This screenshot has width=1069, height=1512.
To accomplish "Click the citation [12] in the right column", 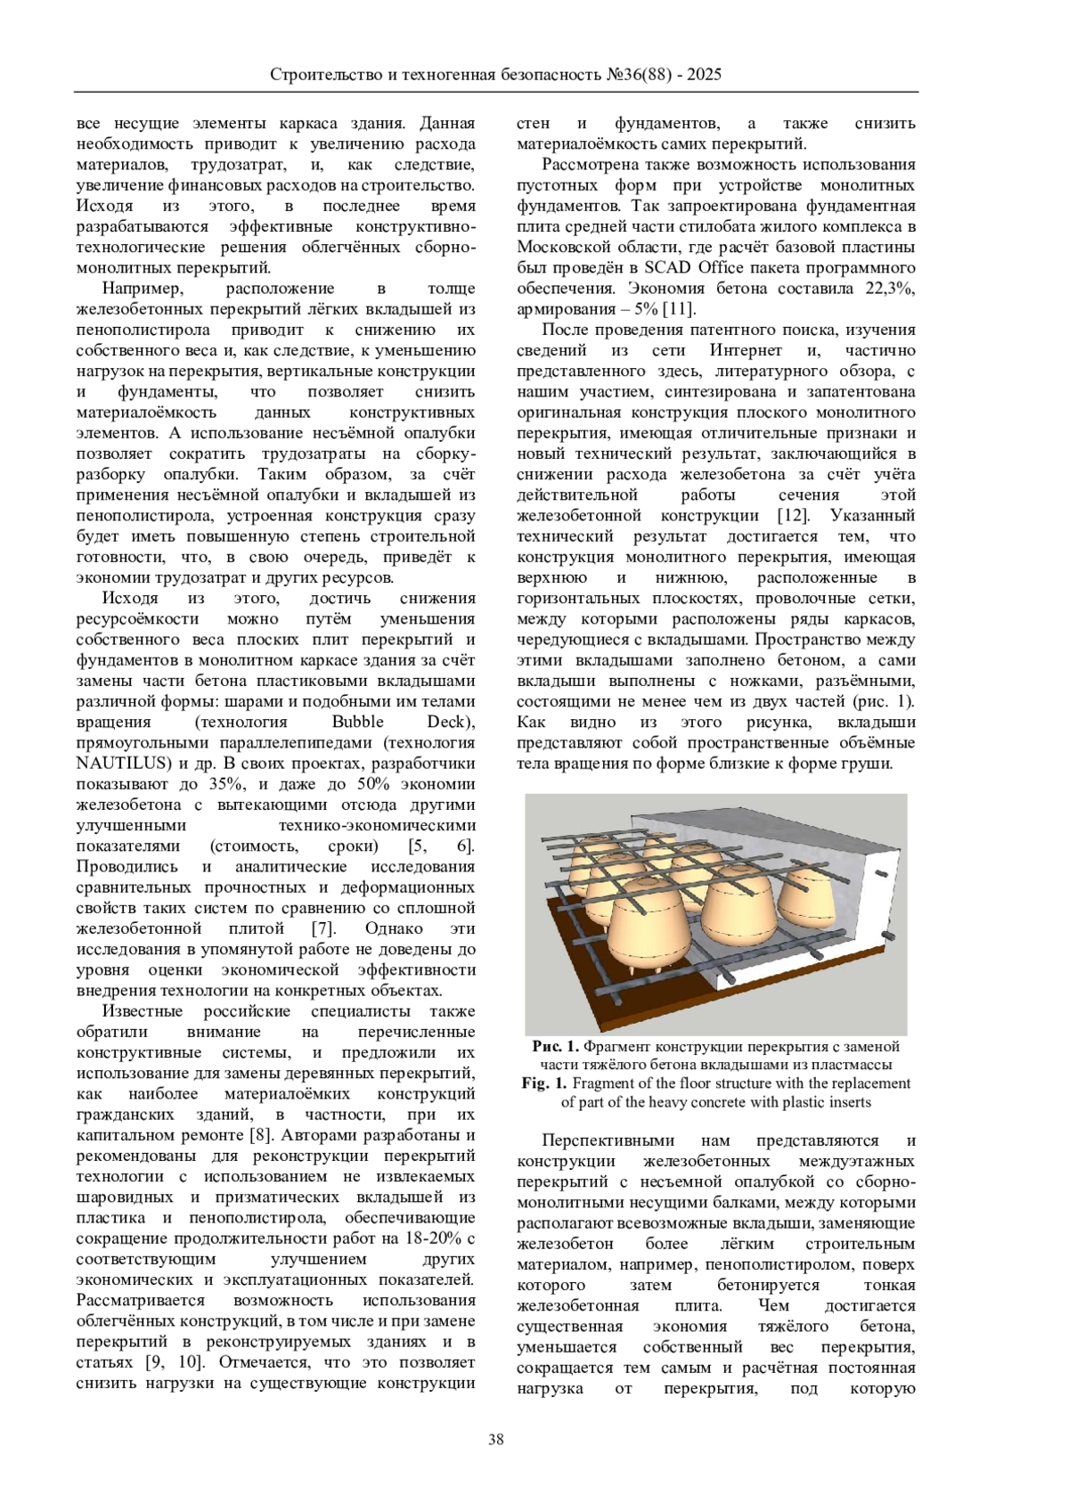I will coord(793,516).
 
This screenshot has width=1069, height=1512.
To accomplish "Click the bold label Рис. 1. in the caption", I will coord(556,1047).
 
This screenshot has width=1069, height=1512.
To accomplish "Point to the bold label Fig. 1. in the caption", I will coord(544,1083).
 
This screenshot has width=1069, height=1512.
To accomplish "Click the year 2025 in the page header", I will coord(704,75).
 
